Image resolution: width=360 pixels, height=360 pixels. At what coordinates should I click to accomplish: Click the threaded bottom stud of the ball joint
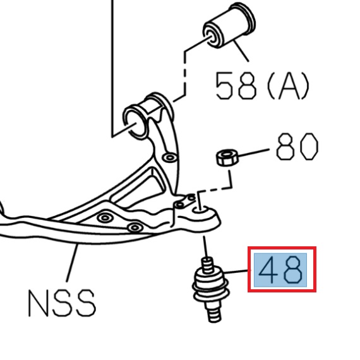tap(212, 311)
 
